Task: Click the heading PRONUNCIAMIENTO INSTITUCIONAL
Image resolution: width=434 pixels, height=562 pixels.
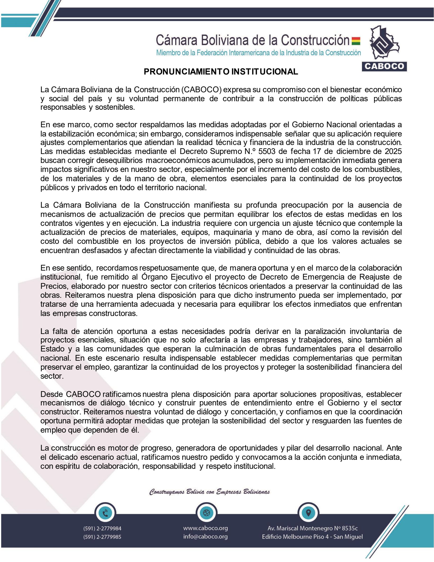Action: tap(221, 72)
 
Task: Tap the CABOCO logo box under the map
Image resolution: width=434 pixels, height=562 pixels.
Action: tap(384, 66)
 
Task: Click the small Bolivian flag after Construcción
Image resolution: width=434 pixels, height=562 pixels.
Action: tap(356, 41)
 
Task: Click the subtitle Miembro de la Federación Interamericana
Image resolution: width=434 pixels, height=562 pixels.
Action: tap(258, 53)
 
